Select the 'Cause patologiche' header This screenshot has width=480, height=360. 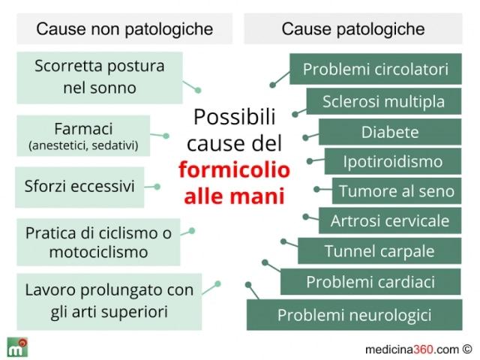pos(353,29)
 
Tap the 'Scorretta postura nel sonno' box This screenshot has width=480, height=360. pos(99,76)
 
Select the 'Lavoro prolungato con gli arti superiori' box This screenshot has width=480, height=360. pos(109,300)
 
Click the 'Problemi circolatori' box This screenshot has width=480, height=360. pos(375,70)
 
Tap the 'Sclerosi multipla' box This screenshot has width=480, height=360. pos(383,101)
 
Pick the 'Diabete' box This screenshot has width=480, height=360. pos(389,132)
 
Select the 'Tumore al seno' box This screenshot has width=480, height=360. pos(396,190)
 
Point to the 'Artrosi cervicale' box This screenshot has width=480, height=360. pos(389,220)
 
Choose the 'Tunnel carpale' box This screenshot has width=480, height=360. pos(379,250)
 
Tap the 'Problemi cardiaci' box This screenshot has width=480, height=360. pos(370,282)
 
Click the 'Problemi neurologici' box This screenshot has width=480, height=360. pos(354,314)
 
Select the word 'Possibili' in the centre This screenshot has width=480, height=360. pos(234,117)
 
